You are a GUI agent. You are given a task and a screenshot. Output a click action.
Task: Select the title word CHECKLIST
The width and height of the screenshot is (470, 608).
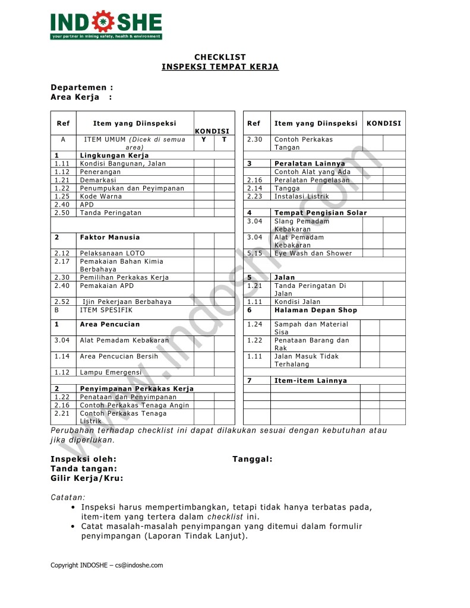click(220, 57)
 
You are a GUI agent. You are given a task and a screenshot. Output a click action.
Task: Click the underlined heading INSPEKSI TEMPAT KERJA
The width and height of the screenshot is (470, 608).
click(220, 67)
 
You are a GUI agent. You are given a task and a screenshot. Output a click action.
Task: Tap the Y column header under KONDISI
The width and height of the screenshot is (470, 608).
click(203, 140)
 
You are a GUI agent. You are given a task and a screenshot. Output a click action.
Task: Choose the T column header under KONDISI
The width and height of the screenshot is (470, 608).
click(224, 140)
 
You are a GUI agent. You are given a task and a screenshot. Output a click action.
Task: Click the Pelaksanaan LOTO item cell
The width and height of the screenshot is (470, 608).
click(112, 253)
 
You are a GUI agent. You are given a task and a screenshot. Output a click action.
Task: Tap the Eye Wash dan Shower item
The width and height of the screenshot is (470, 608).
click(313, 253)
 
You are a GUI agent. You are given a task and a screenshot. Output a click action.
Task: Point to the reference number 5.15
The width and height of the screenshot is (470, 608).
click(255, 253)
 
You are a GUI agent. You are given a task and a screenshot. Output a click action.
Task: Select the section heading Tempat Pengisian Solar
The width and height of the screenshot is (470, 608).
click(320, 213)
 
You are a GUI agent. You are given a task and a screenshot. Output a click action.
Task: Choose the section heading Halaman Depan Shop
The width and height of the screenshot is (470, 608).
click(316, 310)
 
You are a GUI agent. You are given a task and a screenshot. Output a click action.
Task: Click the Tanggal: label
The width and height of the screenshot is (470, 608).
click(253, 459)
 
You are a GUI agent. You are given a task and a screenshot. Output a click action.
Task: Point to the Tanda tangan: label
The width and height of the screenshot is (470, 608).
click(84, 468)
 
